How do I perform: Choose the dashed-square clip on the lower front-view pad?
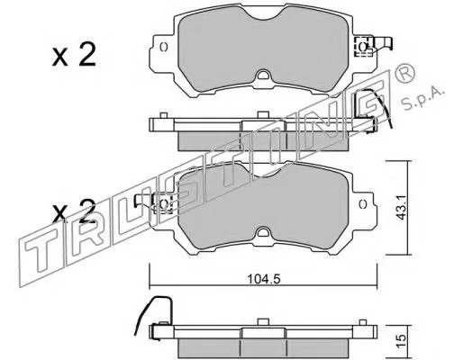click(x=163, y=206)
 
